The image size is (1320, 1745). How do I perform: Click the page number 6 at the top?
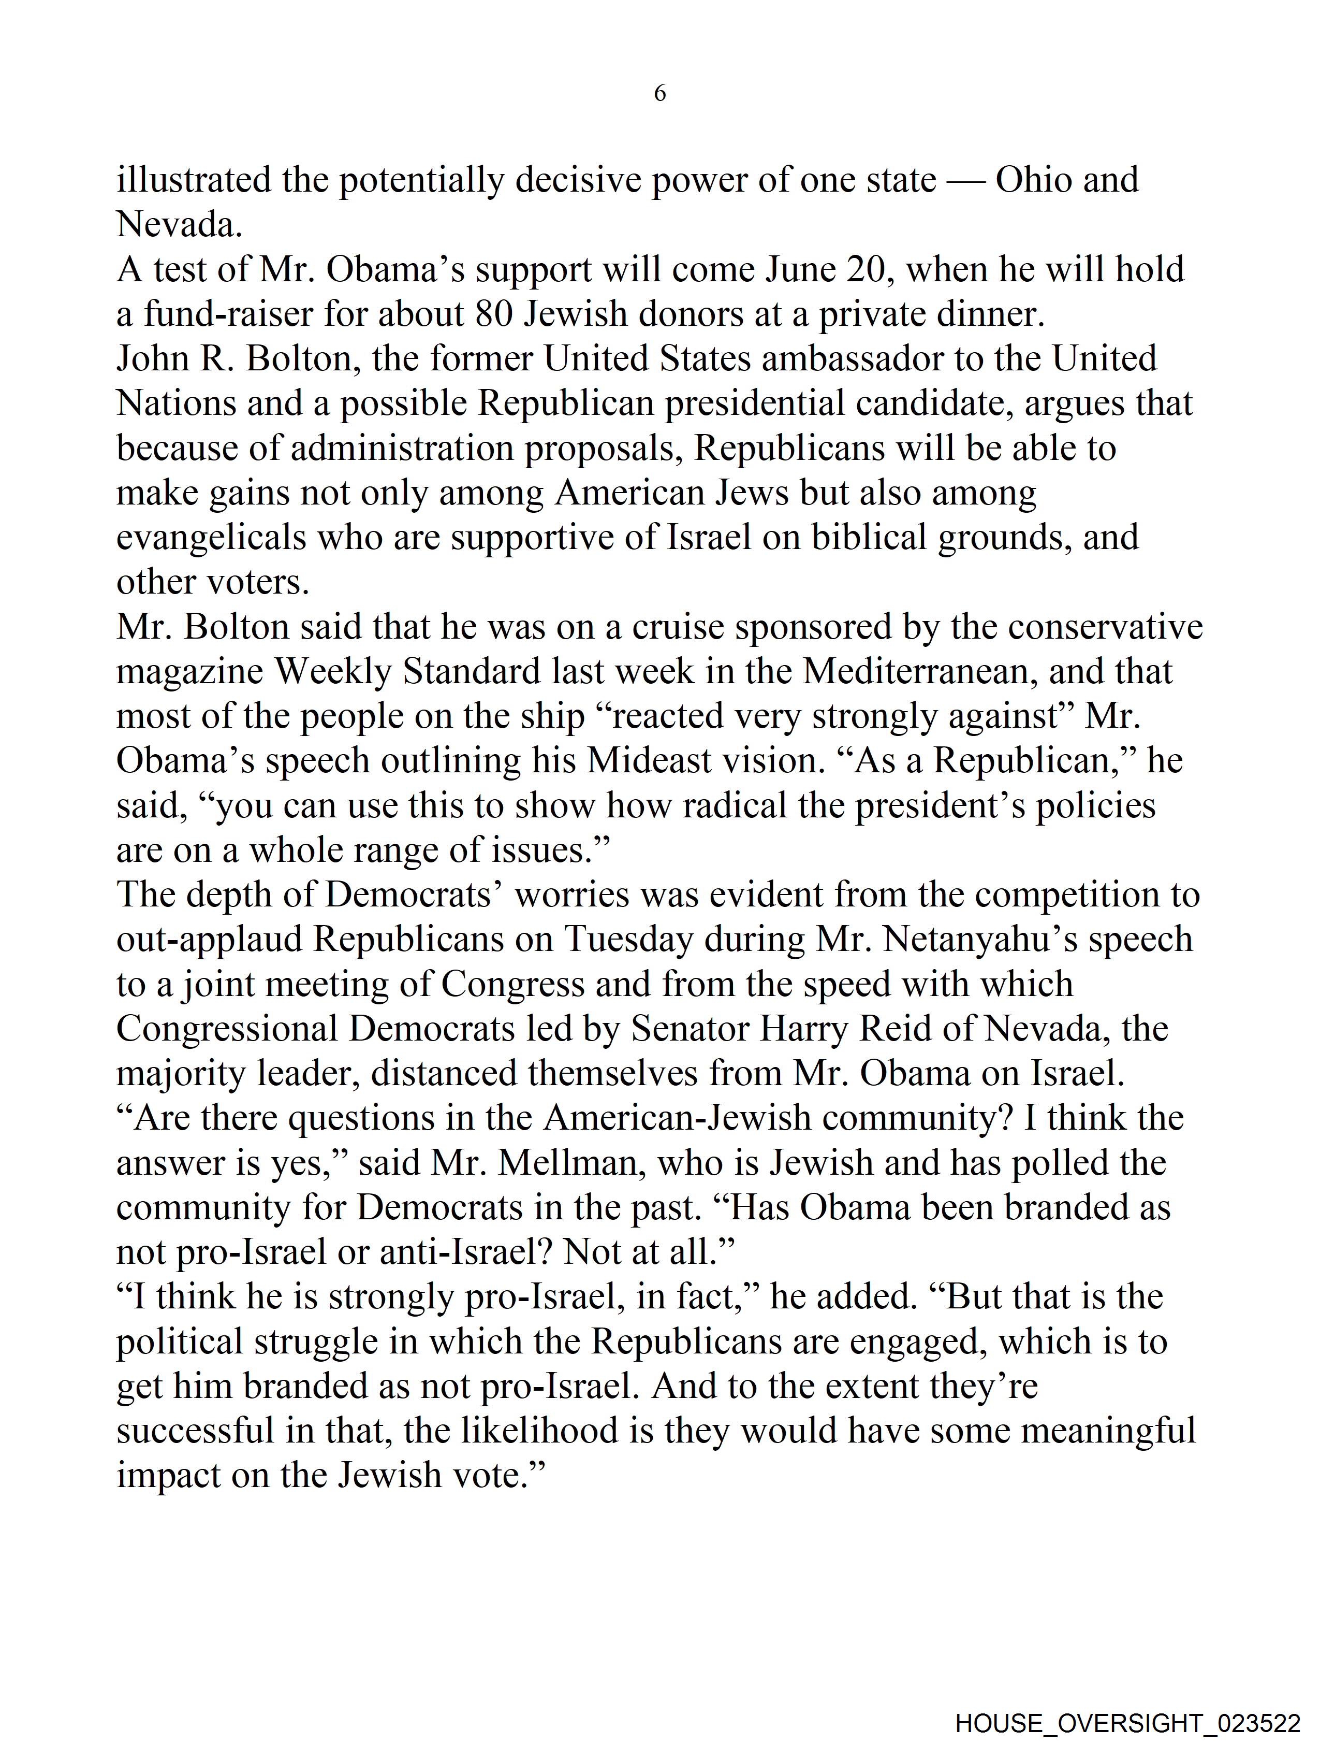[660, 94]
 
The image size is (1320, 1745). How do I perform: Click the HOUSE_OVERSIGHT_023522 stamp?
[1127, 1723]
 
